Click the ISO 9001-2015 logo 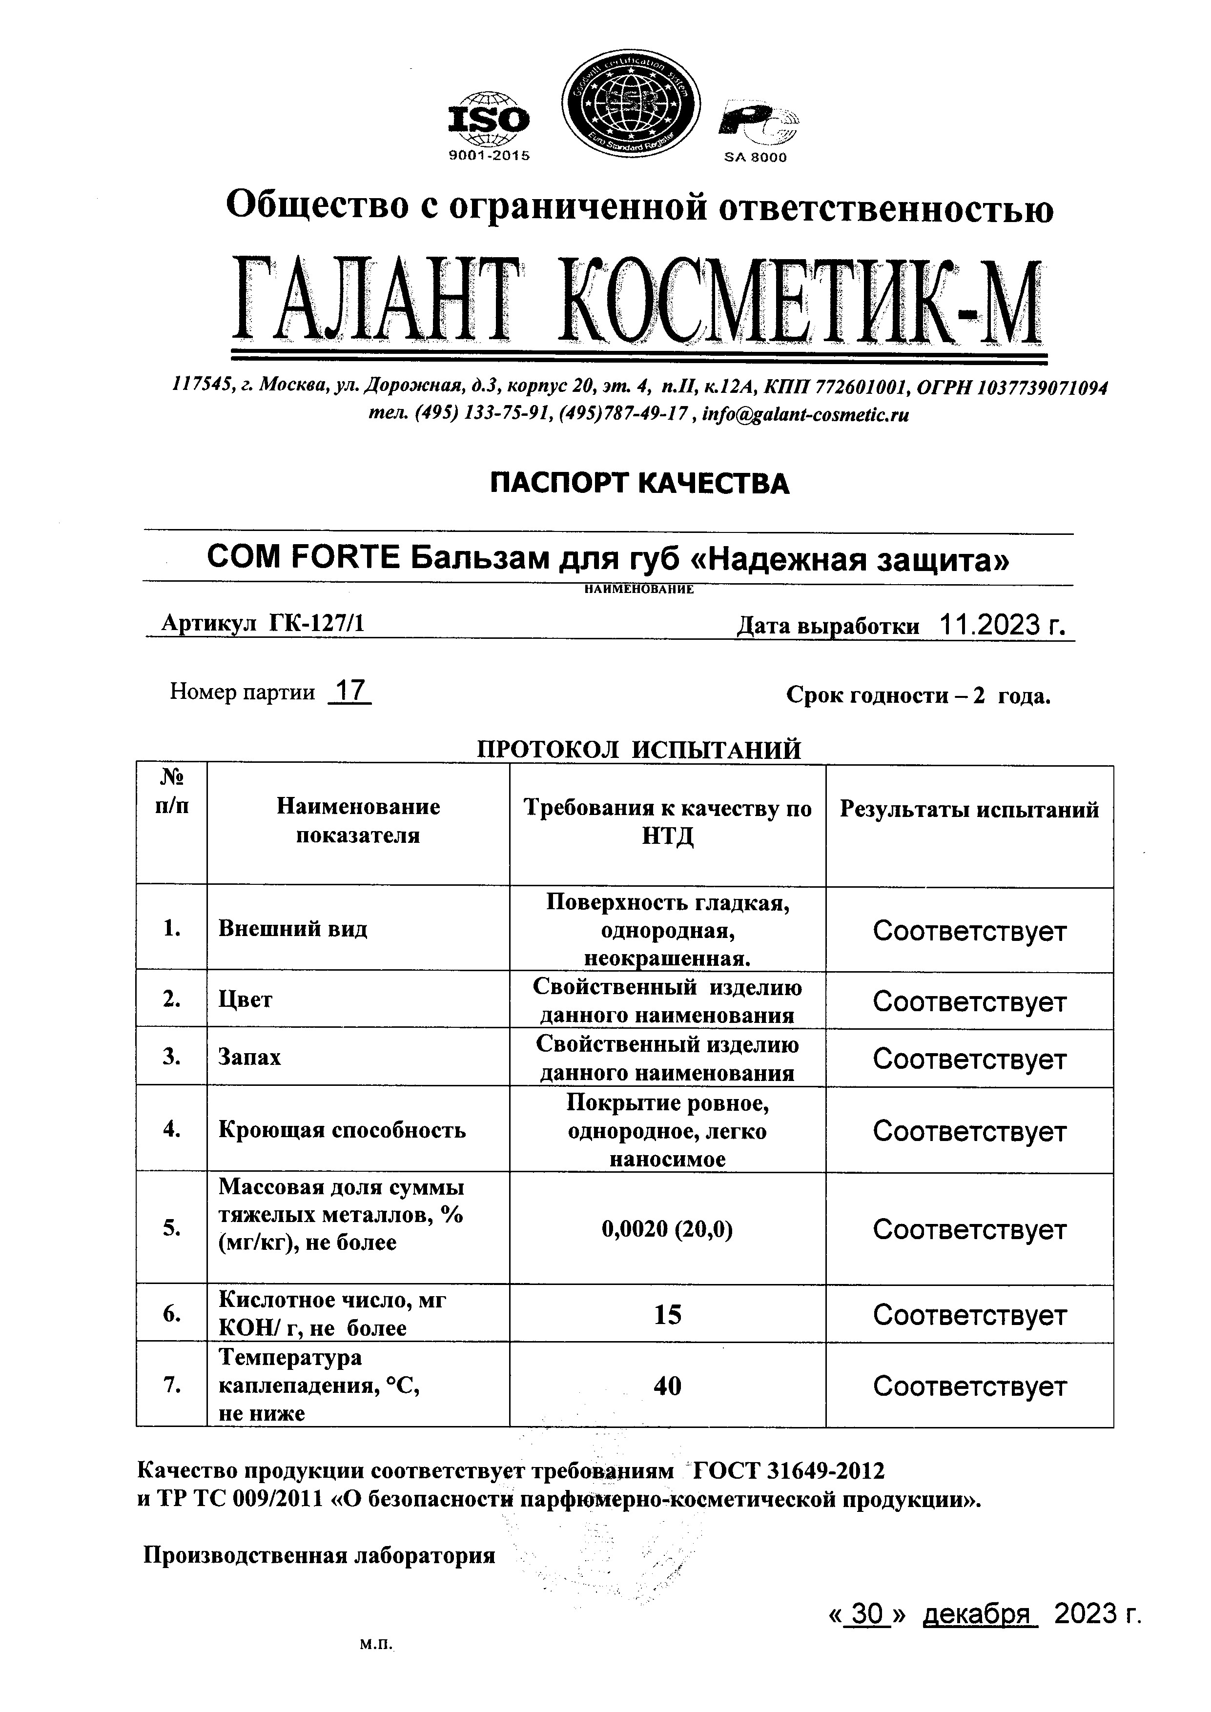click(489, 125)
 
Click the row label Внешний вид click(292, 929)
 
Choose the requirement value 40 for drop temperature click(667, 1386)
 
